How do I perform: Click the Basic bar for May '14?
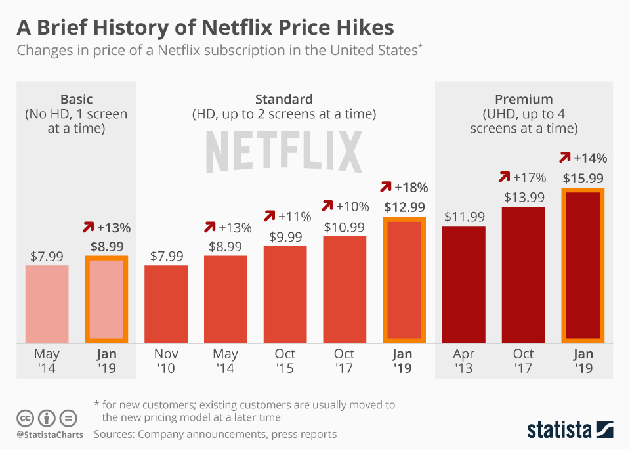pos(47,303)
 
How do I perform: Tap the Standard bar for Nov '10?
pos(166,303)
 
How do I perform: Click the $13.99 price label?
pos(524,197)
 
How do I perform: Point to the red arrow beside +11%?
pos(269,216)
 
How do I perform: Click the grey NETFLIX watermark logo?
pos(283,151)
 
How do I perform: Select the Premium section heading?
pos(524,100)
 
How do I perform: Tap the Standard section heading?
pos(283,100)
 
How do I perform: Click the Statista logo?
pos(570,429)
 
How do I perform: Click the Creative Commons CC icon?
pos(25,417)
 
